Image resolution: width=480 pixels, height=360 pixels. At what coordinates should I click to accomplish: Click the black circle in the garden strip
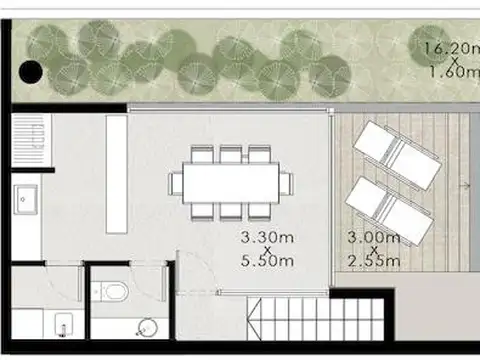[32, 71]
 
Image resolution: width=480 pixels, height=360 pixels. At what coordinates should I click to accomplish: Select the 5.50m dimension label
[266, 262]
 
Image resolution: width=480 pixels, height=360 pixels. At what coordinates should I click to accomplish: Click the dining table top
[231, 183]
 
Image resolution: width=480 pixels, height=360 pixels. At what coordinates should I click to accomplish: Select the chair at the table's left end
[177, 183]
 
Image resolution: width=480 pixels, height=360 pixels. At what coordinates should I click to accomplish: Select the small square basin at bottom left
[65, 326]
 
